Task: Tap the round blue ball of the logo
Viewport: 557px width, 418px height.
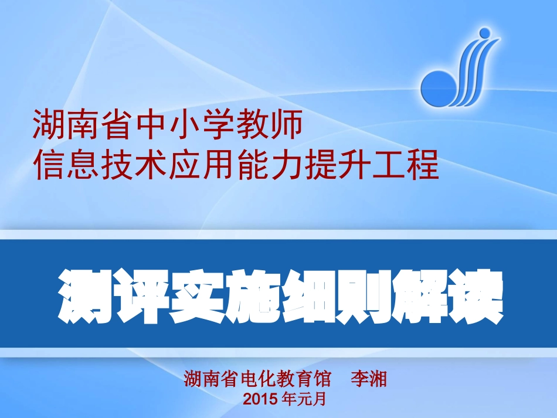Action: click(437, 88)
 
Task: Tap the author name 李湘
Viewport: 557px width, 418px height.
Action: click(369, 379)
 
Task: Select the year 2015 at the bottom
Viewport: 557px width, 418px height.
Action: click(261, 400)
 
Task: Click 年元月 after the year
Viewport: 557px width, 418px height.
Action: click(303, 400)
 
